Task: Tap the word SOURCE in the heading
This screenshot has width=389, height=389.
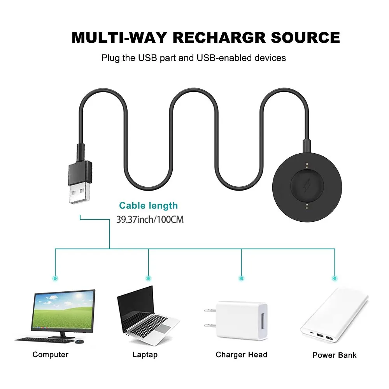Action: (305, 38)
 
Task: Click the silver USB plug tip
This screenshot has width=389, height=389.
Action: (78, 194)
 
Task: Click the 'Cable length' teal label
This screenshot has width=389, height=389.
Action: (148, 206)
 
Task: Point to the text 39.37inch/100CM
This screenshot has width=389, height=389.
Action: (150, 219)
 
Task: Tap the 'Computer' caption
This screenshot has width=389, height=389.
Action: (50, 354)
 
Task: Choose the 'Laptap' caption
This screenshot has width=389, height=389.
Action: (145, 354)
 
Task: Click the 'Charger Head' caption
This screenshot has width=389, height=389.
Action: (241, 354)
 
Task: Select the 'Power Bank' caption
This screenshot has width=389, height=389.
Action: (334, 355)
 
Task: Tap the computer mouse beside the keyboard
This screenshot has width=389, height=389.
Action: (79, 342)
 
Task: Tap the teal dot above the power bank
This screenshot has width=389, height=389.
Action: (334, 278)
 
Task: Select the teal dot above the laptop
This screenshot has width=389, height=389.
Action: (148, 278)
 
